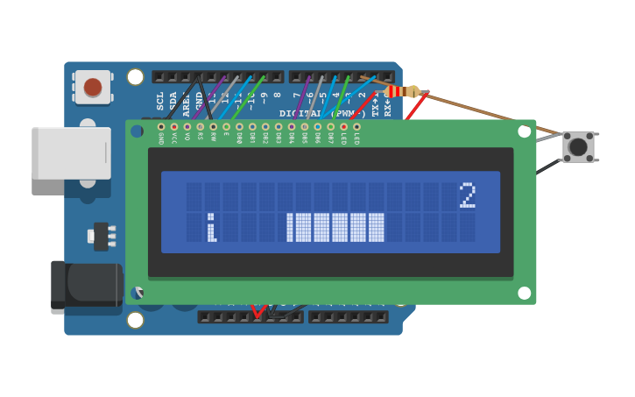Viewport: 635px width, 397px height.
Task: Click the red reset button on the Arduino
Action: pos(93,87)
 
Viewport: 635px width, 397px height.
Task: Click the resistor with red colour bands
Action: pos(399,91)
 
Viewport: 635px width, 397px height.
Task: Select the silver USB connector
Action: pos(71,153)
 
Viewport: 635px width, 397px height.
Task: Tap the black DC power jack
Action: pos(86,287)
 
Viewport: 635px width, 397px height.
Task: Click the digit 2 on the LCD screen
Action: pos(468,195)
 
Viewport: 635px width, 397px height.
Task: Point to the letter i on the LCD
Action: pos(211,228)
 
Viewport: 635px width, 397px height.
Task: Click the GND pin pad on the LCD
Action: pos(161,127)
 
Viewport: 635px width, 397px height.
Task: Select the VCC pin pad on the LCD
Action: pos(174,127)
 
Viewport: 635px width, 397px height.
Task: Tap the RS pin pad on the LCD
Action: pos(201,127)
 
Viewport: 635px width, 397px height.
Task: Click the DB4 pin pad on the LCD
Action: pos(292,127)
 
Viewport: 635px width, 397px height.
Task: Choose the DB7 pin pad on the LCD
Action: pos(330,127)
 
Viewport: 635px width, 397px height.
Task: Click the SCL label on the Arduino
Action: pos(160,100)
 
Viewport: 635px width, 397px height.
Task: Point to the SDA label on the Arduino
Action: pos(173,100)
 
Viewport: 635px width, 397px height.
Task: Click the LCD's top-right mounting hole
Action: pos(524,131)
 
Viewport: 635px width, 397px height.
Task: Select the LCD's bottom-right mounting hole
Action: pos(524,293)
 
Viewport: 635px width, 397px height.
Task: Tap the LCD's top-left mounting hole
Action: pos(138,131)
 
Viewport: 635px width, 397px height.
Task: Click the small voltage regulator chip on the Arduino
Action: pos(101,236)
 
